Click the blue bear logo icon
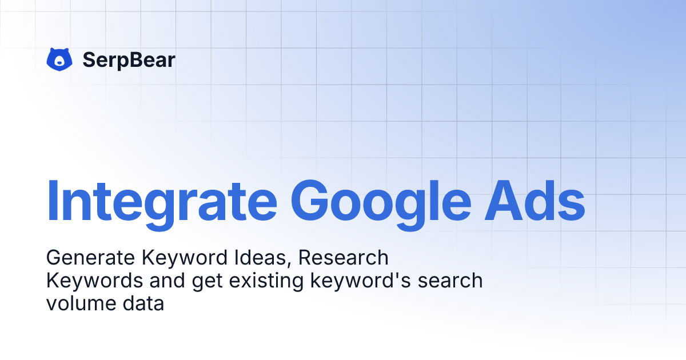tap(59, 59)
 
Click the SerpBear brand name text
tap(129, 59)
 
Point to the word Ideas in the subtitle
tap(262, 258)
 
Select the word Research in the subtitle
tap(344, 258)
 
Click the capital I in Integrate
tap(53, 201)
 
